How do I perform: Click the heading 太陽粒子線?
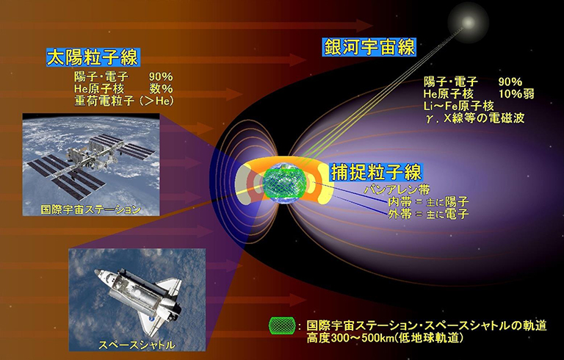(x=93, y=57)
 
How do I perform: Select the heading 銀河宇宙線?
(x=369, y=47)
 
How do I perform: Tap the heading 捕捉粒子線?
(x=376, y=172)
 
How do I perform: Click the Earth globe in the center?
(x=285, y=184)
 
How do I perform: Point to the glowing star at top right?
(x=468, y=22)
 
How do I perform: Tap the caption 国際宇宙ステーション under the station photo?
(x=90, y=209)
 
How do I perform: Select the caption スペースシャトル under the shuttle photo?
(x=137, y=345)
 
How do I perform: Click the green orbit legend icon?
(x=282, y=325)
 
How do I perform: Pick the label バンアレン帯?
(x=397, y=190)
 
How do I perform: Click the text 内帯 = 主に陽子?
(x=428, y=202)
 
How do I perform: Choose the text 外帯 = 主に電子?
(x=428, y=215)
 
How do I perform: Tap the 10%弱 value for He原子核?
(x=516, y=94)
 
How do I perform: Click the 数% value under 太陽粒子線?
(x=161, y=89)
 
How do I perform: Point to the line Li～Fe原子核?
(x=458, y=106)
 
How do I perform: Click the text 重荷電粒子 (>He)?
(x=123, y=101)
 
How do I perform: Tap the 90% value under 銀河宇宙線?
(x=510, y=82)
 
